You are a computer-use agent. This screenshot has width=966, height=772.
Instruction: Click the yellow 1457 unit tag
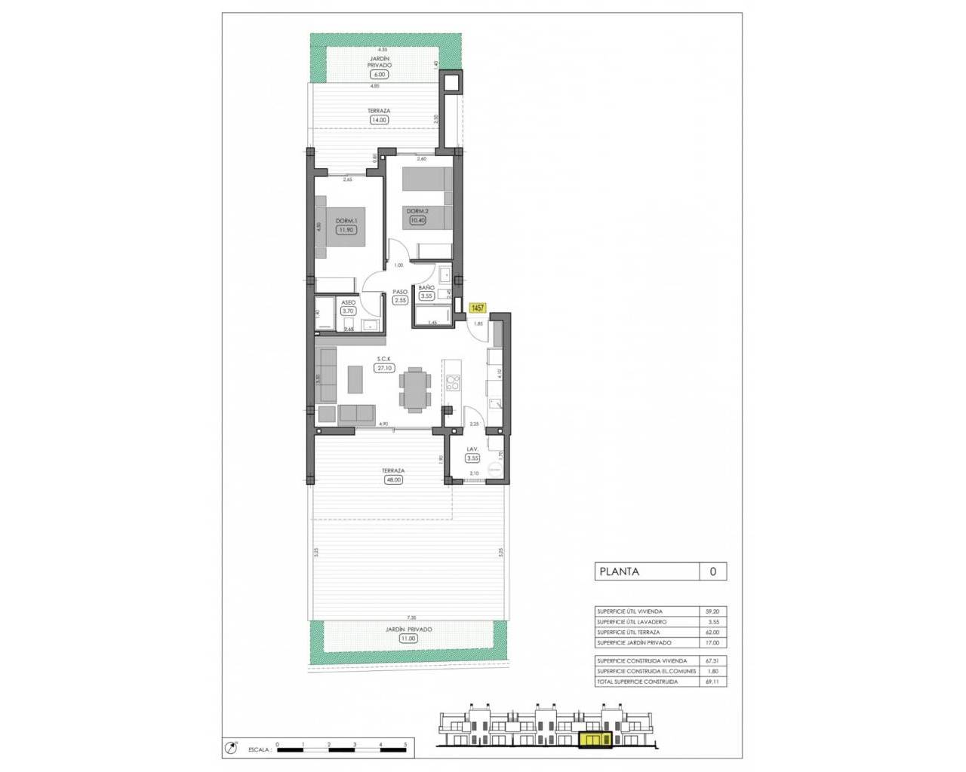(x=478, y=308)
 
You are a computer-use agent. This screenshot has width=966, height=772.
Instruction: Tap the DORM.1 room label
(x=346, y=220)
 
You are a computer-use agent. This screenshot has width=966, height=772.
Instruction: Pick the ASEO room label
(x=348, y=302)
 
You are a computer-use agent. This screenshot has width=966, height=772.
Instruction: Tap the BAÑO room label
(x=426, y=288)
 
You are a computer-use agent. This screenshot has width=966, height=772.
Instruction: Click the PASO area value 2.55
(x=400, y=300)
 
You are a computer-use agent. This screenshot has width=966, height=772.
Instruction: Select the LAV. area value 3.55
(x=472, y=457)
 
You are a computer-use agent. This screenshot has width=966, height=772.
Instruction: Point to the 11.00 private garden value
(x=408, y=638)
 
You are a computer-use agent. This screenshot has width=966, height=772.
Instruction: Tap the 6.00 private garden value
(x=378, y=74)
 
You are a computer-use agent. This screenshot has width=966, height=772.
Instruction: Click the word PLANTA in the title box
(x=619, y=571)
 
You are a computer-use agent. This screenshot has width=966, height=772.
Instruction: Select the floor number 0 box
(x=713, y=571)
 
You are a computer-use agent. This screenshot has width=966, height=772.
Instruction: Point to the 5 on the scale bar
(x=406, y=744)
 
